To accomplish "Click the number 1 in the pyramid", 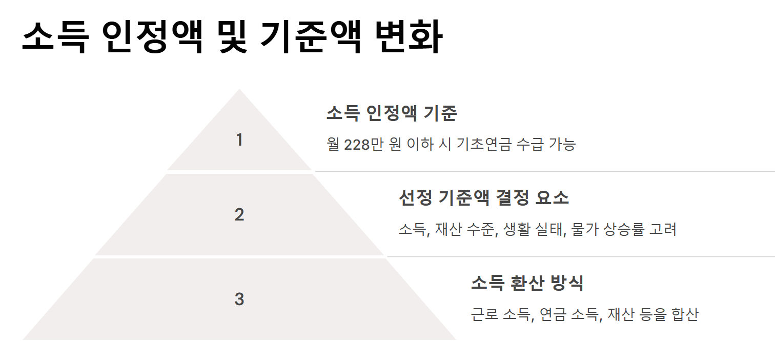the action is [239, 140].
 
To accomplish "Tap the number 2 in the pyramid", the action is [239, 215].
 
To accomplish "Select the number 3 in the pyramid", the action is [239, 299].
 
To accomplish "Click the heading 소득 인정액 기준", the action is [391, 113].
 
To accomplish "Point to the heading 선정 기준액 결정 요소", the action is [483, 197].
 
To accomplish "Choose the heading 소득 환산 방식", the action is [527, 283].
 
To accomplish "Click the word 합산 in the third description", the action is [684, 314].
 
